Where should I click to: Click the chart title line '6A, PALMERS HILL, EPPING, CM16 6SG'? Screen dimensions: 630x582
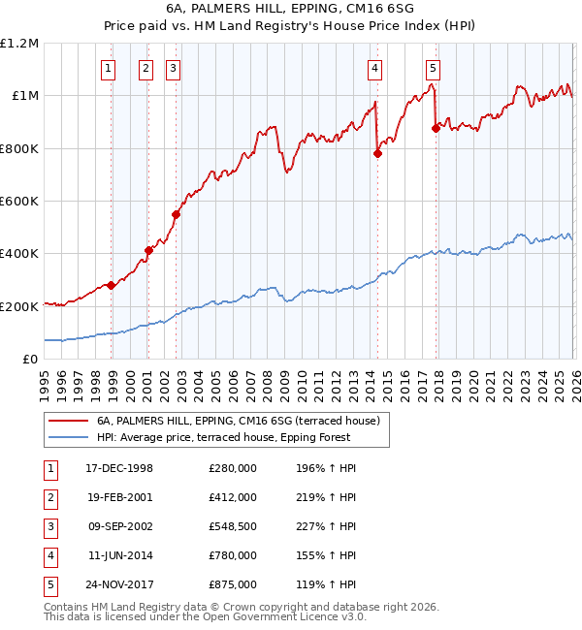(291, 9)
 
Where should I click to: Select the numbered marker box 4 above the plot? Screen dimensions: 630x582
(374, 68)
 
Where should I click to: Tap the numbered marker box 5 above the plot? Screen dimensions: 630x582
(432, 68)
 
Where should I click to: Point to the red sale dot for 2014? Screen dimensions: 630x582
(377, 152)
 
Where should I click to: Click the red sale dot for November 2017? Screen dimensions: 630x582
(436, 128)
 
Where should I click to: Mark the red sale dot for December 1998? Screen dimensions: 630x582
(112, 285)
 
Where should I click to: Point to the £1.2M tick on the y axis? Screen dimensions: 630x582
(19, 44)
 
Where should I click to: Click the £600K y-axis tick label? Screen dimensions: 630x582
(19, 202)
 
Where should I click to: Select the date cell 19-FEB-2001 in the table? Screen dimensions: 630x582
(119, 497)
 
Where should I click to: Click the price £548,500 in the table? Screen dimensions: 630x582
(233, 526)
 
